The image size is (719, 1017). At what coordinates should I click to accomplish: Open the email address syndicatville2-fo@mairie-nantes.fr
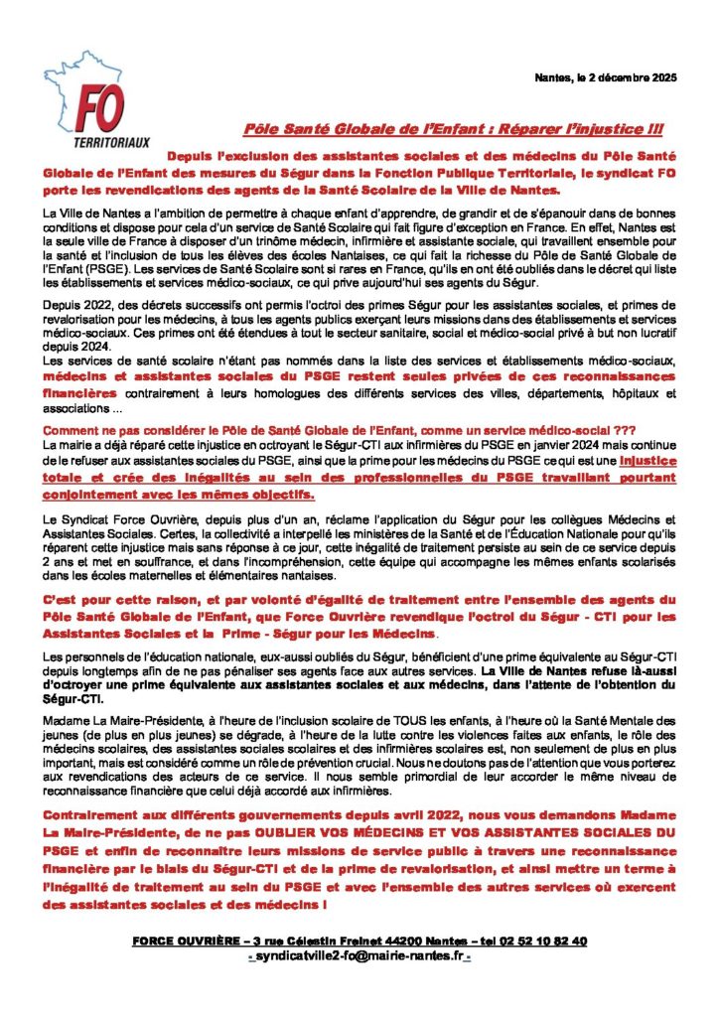pos(358,956)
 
